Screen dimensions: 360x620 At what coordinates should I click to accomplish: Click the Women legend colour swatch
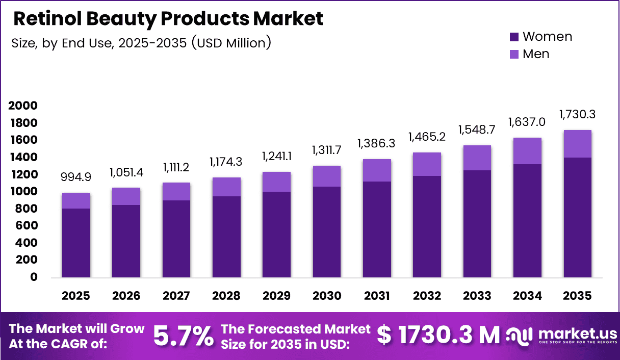click(x=514, y=37)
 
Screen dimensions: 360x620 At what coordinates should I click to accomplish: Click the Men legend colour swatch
click(x=514, y=54)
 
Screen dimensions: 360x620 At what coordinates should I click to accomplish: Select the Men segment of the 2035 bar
click(x=578, y=144)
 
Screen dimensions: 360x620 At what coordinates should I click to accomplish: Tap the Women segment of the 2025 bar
click(x=76, y=243)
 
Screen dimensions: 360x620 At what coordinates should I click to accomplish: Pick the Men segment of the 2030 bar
click(x=326, y=176)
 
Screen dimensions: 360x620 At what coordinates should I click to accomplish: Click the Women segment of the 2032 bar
click(x=427, y=226)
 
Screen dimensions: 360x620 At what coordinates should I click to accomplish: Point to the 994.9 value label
click(x=76, y=177)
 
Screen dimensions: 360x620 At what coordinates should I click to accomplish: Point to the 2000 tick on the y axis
click(x=22, y=106)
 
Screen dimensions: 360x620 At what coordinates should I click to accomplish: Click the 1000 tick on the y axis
click(x=22, y=192)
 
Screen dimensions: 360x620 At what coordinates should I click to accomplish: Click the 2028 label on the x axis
click(x=226, y=296)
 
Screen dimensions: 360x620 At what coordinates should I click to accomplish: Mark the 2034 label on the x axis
click(x=528, y=296)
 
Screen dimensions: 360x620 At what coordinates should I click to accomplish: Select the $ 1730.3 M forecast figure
click(x=438, y=335)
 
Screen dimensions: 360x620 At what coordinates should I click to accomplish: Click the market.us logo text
click(x=577, y=333)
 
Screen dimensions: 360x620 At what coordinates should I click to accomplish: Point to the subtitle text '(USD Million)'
click(x=231, y=43)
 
